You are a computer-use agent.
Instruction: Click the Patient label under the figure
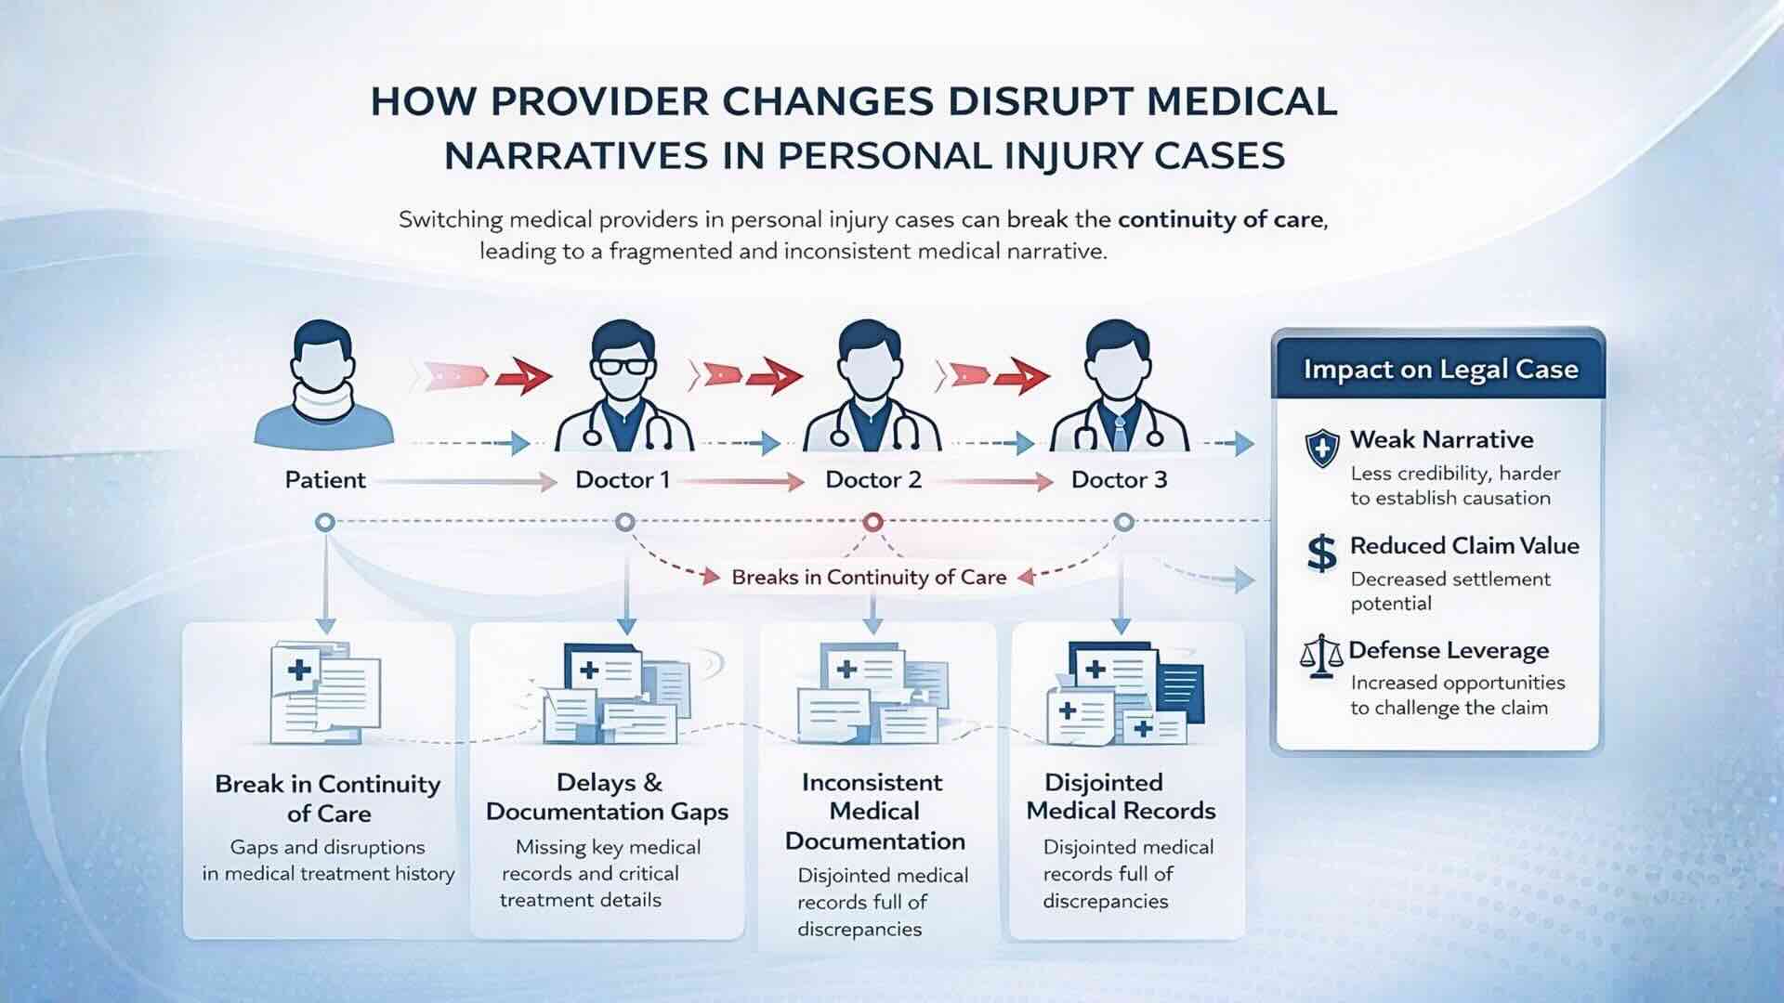tap(325, 480)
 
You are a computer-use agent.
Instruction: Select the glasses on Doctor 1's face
tap(623, 364)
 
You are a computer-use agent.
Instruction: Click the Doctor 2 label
tap(873, 480)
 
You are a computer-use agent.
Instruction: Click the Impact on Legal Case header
tap(1440, 370)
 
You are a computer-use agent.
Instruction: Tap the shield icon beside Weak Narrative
tap(1321, 449)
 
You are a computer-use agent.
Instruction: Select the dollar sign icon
tap(1321, 554)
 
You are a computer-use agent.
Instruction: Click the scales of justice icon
tap(1321, 657)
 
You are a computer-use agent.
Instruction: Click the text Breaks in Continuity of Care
tap(869, 578)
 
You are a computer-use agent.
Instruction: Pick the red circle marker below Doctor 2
tap(872, 523)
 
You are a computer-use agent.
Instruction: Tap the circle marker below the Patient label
tap(324, 523)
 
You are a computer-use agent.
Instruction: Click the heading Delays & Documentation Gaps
tap(608, 797)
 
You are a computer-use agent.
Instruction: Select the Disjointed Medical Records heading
tap(1121, 797)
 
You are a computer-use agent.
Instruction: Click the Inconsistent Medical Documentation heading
tap(874, 812)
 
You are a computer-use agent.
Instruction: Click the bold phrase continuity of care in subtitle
tap(1221, 220)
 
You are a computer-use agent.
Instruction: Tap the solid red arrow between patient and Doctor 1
tap(524, 376)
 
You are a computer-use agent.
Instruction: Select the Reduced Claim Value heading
tap(1464, 546)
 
